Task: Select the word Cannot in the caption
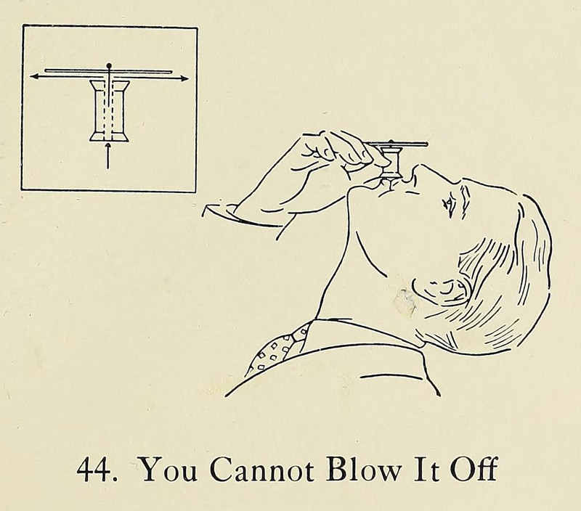point(263,469)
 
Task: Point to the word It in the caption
point(425,470)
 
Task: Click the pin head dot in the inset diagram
point(108,65)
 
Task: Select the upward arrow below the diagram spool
point(108,156)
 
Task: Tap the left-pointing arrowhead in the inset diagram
point(35,76)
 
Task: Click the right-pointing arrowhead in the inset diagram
point(184,78)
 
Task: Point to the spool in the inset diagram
point(110,111)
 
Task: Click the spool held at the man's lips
point(390,161)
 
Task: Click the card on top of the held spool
point(397,144)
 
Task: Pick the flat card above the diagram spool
point(108,70)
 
